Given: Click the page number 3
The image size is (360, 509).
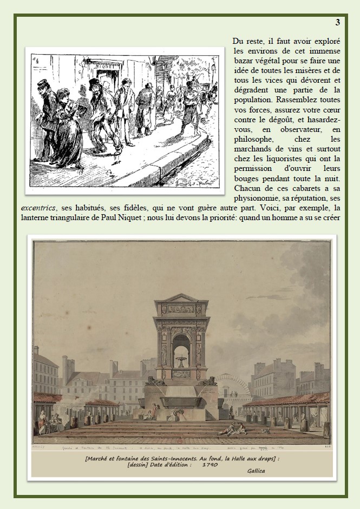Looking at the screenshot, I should (338, 22).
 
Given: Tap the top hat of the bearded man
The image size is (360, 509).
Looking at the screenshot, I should (96, 83).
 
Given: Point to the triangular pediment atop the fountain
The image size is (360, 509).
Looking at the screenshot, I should (178, 298).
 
